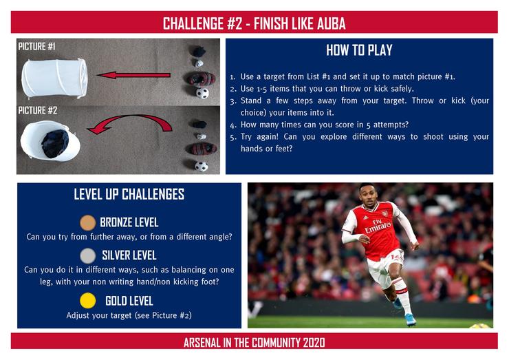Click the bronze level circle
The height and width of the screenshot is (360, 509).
[x=87, y=222]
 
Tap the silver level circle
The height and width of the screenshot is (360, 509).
[x=87, y=255]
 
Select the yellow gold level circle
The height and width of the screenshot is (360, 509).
[x=87, y=301]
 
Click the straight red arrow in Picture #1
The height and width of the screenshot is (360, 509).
[x=133, y=76]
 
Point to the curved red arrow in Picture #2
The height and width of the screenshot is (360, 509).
[x=130, y=117]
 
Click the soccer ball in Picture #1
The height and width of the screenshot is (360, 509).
[x=202, y=93]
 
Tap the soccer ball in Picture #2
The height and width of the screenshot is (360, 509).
[x=202, y=167]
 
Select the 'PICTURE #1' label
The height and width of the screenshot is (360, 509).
[x=36, y=46]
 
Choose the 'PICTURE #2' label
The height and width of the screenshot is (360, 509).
[x=38, y=110]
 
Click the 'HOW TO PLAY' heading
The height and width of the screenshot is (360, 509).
[x=359, y=50]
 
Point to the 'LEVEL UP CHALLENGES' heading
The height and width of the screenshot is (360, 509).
[x=129, y=194]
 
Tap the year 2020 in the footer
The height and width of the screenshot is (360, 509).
[x=314, y=343]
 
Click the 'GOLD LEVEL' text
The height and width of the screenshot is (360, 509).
[x=129, y=301]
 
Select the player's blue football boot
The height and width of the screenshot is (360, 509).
[x=411, y=319]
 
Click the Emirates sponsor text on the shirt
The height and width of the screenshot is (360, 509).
[x=378, y=226]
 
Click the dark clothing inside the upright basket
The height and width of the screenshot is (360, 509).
[x=55, y=143]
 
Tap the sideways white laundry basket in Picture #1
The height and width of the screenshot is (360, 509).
[x=54, y=78]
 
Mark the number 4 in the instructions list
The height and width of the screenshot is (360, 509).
[x=233, y=125]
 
